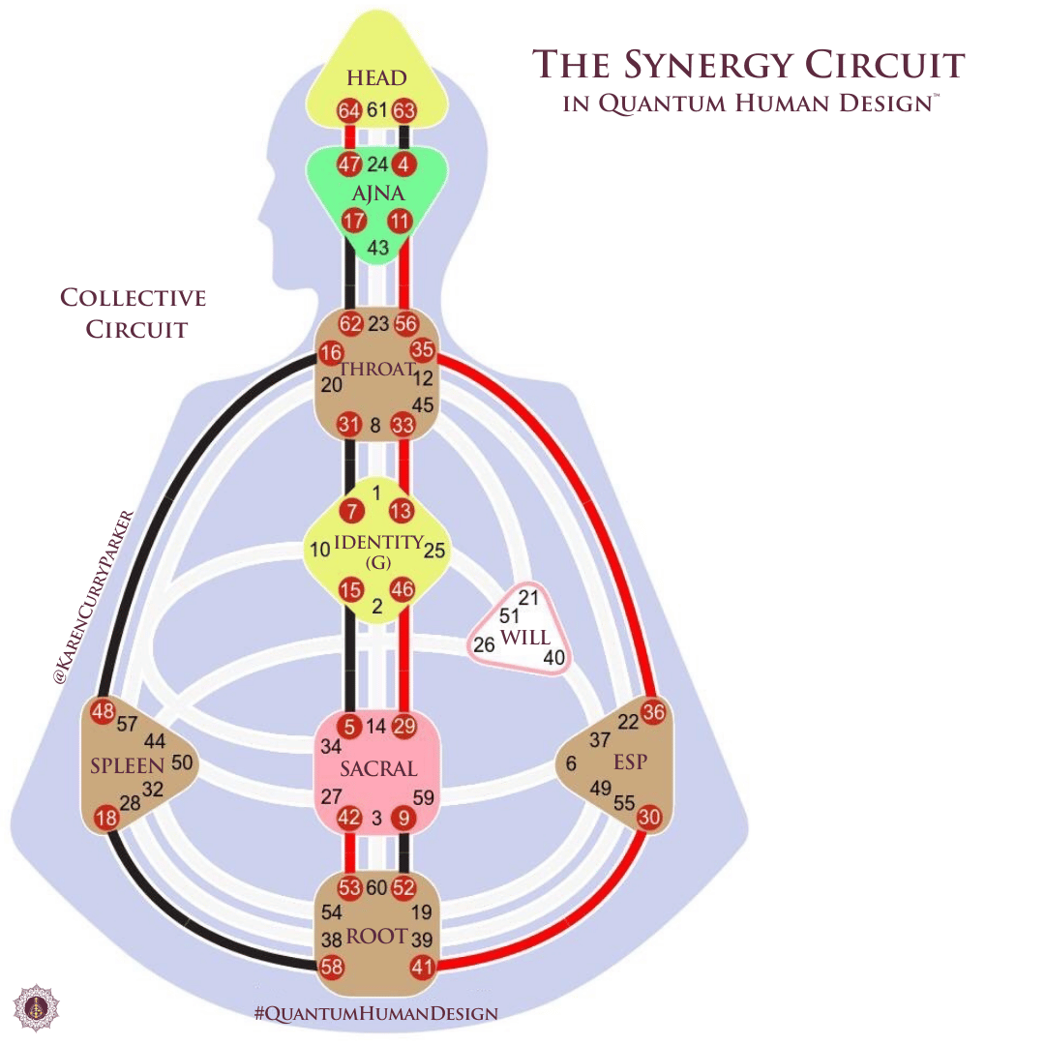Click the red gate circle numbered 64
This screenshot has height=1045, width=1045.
pos(349,110)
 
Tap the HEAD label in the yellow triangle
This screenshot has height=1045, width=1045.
pos(377,77)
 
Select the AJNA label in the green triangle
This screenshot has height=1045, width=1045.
pos(378,194)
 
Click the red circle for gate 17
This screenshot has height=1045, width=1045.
pos(354,222)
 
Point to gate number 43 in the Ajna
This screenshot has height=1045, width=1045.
pos(378,249)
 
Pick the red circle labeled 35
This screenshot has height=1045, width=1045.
pos(423,350)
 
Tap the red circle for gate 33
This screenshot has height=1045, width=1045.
pos(403,424)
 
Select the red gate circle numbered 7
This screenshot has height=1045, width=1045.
pos(351,510)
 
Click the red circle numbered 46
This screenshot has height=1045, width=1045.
pos(403,588)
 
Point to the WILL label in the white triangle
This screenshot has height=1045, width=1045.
pos(525,638)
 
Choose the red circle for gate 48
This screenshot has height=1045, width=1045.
pos(103,712)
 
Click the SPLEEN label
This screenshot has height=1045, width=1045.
pos(128,765)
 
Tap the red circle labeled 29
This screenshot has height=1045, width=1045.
pos(404,727)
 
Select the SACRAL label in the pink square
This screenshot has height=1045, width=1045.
pos(378,769)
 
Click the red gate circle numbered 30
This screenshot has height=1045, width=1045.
pos(649,818)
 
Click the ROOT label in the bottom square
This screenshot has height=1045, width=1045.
pos(377,937)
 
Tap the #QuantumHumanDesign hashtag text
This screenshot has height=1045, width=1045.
pos(375,1014)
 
